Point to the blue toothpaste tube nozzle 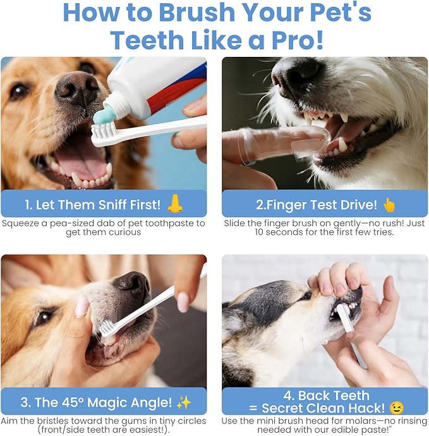click(102, 115)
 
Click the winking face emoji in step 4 click(396, 408)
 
